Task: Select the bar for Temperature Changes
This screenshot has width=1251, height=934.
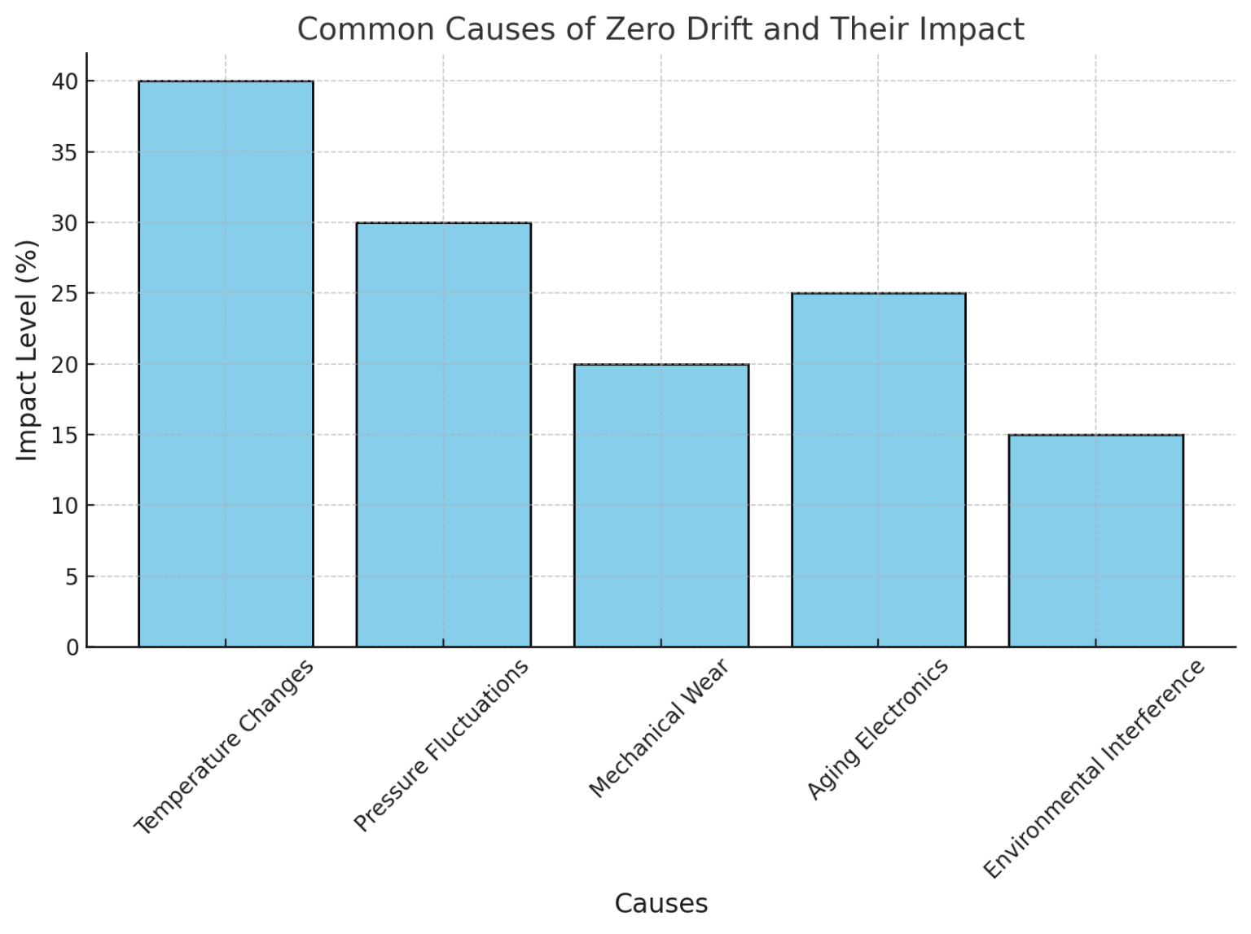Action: [226, 363]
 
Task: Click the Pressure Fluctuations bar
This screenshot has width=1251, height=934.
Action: [443, 434]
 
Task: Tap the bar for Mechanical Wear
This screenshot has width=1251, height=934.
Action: [661, 505]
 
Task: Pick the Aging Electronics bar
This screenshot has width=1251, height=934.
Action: [878, 469]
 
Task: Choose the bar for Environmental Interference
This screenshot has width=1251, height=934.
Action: [1095, 540]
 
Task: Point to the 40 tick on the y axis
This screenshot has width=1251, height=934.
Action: [66, 81]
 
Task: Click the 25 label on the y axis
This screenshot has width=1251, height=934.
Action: [66, 293]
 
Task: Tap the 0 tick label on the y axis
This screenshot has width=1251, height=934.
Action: [72, 647]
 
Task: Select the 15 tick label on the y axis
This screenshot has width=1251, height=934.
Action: [66, 435]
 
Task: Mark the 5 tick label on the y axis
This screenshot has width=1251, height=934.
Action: [72, 577]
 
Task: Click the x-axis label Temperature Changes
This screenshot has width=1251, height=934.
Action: [223, 747]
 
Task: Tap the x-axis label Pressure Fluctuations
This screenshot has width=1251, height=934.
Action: [441, 746]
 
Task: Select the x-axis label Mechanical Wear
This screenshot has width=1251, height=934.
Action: [659, 728]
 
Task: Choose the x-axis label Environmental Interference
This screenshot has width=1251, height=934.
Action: [1094, 770]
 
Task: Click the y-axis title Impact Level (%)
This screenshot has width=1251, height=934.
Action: [27, 350]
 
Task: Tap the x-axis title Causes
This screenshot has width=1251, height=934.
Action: [661, 903]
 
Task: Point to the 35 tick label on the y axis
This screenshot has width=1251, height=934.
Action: [66, 152]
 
